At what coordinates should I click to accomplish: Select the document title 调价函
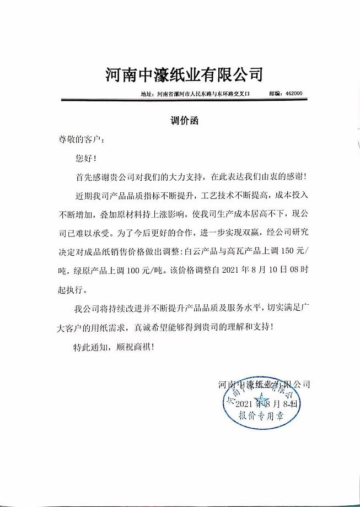point(184,122)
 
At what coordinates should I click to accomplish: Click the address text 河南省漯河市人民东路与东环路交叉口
point(203,94)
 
